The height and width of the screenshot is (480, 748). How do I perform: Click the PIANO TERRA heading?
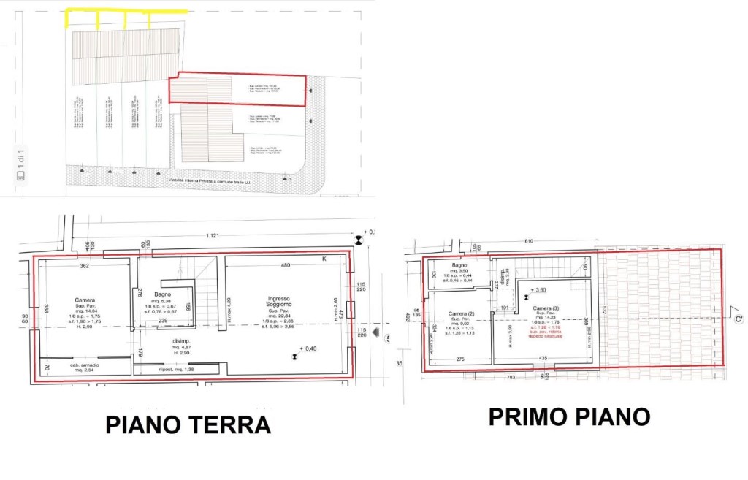click(x=188, y=424)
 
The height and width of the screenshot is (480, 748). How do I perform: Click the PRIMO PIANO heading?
click(x=569, y=416)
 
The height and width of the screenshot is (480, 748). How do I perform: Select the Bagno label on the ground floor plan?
click(x=162, y=294)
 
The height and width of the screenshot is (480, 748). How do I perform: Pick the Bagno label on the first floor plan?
click(x=459, y=264)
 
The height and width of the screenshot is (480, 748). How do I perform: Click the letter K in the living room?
click(x=324, y=259)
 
